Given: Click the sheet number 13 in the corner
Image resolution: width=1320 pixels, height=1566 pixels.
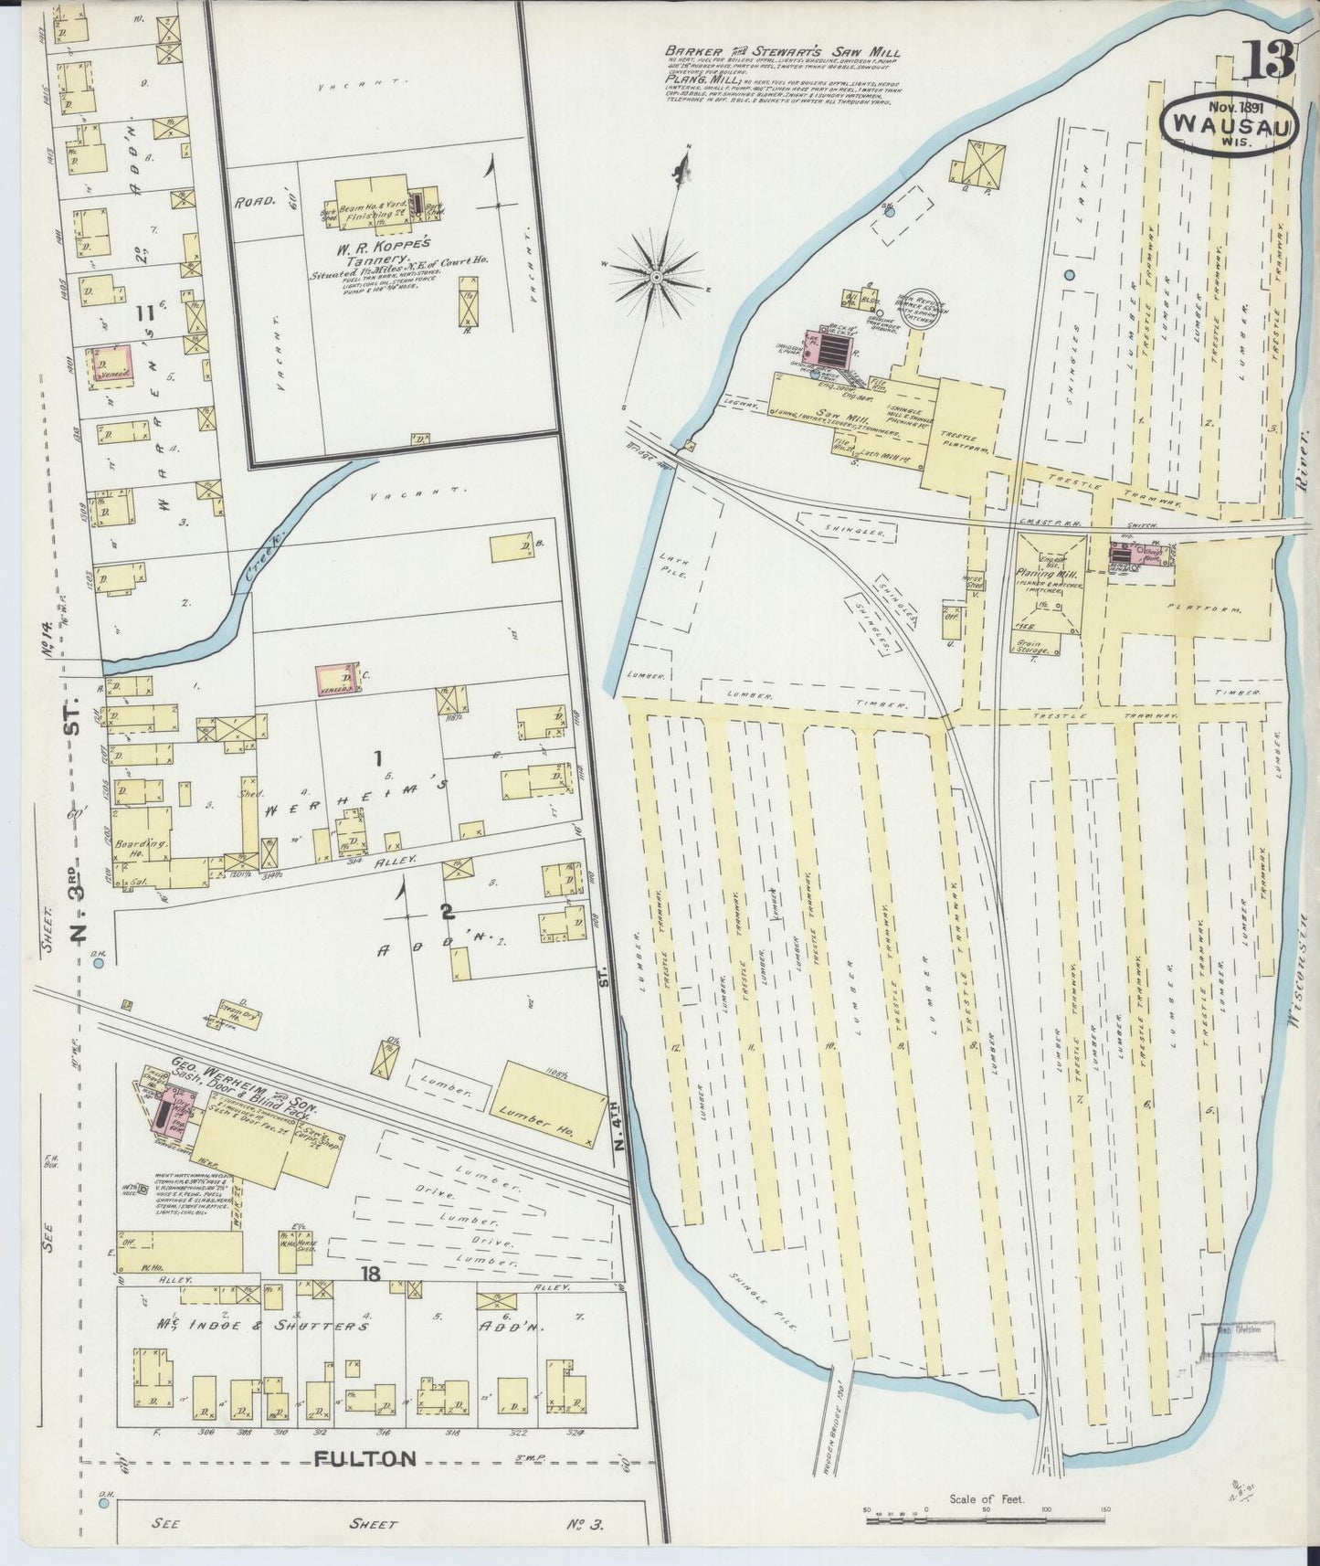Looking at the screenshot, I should (x=1268, y=61).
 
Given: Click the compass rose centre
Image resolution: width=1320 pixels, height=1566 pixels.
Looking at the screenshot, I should (x=657, y=273).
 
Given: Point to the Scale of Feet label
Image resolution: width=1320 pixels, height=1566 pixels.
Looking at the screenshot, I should (x=987, y=1498).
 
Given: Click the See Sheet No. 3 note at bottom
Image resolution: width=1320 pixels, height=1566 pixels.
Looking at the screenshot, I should (x=376, y=1524).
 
